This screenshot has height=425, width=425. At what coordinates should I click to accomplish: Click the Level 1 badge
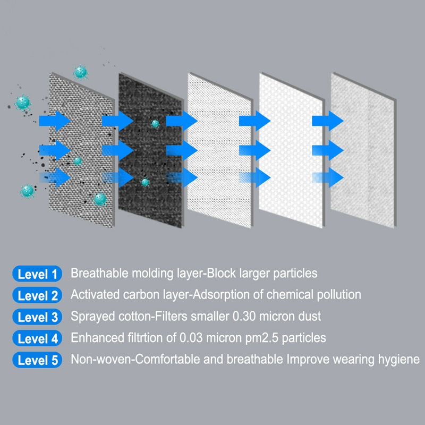(37, 274)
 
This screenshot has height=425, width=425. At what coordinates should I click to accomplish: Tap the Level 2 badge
(37, 295)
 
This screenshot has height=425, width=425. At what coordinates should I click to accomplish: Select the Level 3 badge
(37, 317)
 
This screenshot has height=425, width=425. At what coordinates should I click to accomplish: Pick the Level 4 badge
(37, 338)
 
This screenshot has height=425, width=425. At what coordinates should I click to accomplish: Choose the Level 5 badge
(37, 360)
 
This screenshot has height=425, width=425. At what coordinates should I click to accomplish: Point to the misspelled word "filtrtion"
(141, 338)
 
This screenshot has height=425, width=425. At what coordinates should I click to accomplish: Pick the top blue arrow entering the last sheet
(325, 120)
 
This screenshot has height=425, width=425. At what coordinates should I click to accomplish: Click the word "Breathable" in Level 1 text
(98, 274)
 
